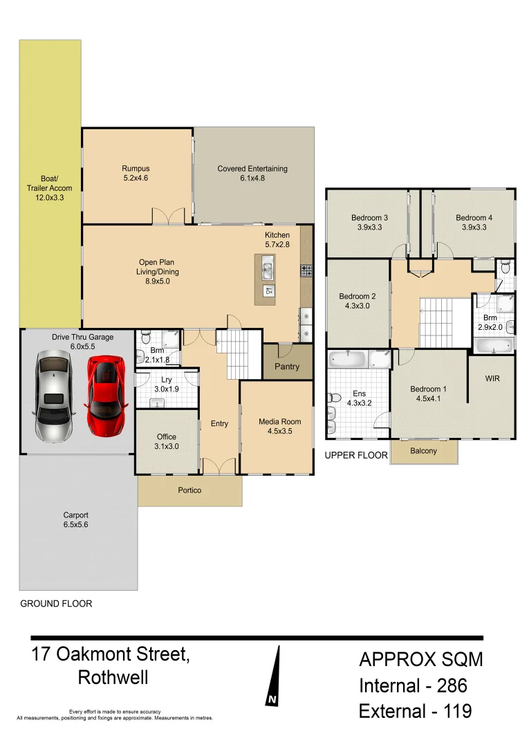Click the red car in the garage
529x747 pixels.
pos(105,396)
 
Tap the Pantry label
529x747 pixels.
pos(287,367)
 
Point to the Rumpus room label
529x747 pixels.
pos(136,168)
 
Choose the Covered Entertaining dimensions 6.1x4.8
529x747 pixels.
pos(252,178)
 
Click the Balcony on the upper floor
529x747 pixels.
pos(423,451)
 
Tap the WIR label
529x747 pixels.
pos(492,379)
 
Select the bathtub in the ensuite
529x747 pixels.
pos(348,359)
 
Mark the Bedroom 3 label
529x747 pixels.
pos(369,218)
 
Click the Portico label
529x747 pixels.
pos(189,490)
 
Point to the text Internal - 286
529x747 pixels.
pos(413,685)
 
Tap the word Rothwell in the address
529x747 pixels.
pos(113,677)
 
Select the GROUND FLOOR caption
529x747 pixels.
pos(56,603)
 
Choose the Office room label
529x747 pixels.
pos(166,436)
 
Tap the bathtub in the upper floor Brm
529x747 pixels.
pos(492,345)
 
